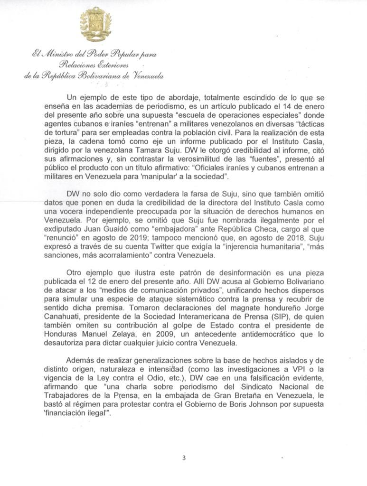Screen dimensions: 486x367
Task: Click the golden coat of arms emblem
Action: pyautogui.click(x=95, y=25)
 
